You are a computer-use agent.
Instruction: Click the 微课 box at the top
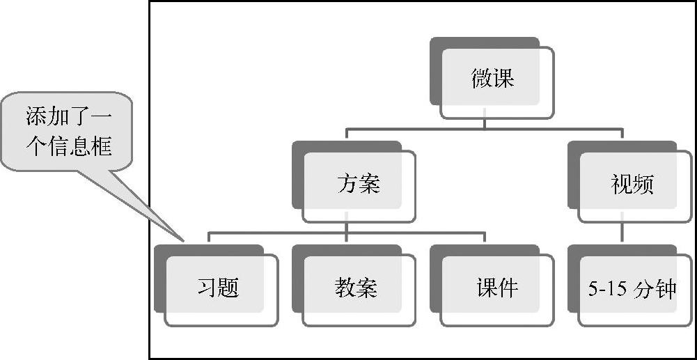(x=492, y=78)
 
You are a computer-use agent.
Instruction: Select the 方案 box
(x=359, y=184)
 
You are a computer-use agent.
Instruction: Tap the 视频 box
(x=632, y=184)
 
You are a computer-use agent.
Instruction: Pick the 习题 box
(x=219, y=288)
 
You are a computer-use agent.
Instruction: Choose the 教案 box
(x=356, y=288)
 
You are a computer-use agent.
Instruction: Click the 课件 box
(x=496, y=288)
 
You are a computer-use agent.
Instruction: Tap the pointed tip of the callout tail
(x=182, y=240)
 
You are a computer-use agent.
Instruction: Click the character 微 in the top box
(x=482, y=78)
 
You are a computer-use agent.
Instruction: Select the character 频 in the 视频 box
(x=643, y=184)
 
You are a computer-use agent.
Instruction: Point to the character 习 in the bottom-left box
(x=207, y=288)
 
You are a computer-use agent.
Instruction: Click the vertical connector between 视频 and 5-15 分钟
(x=622, y=233)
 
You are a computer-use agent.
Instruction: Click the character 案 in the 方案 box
(x=370, y=184)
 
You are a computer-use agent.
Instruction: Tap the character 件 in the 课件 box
(x=508, y=288)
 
